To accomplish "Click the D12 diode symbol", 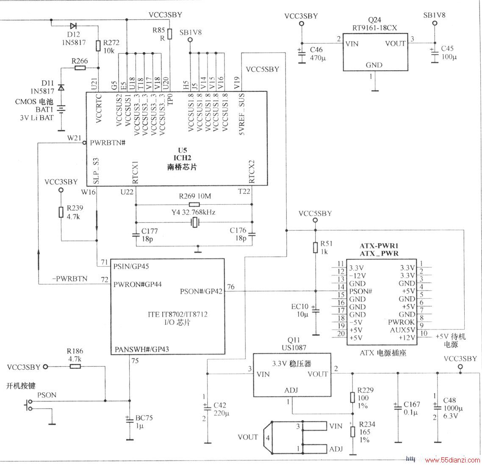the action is (x=73, y=25).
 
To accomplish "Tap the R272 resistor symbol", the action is (x=98, y=46).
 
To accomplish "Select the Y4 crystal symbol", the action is (x=194, y=223).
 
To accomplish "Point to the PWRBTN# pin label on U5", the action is (x=108, y=143).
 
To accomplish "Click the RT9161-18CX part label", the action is (x=374, y=28).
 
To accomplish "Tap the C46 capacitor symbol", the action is (x=302, y=53).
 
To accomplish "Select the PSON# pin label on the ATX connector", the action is (x=360, y=291).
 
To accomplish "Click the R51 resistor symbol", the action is (x=315, y=247).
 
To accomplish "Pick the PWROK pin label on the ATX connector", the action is (x=401, y=322).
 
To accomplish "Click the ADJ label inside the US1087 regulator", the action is (x=291, y=390).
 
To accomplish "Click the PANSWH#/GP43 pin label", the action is (x=142, y=349).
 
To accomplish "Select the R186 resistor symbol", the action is (x=75, y=366).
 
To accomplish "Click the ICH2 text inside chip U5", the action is (x=183, y=158).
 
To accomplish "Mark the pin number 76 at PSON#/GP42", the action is (x=230, y=287).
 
